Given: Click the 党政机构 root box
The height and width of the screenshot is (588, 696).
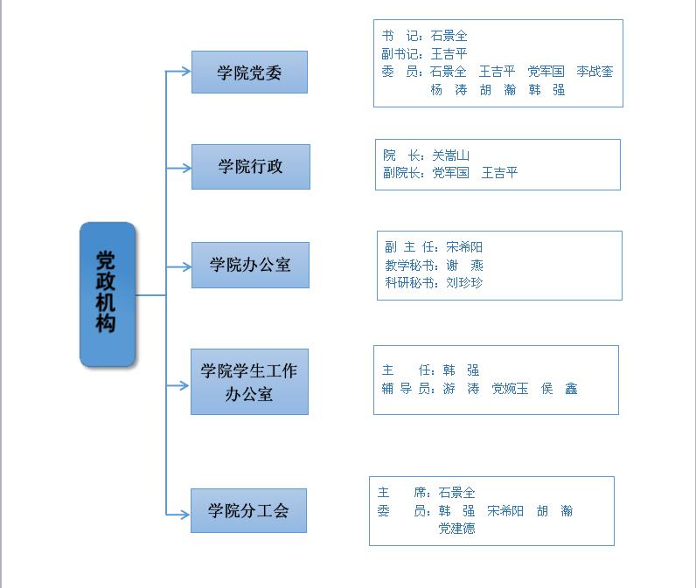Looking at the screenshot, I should (108, 294).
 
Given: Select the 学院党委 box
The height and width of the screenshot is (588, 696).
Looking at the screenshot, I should (249, 72).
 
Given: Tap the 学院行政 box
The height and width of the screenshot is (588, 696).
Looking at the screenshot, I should (251, 166).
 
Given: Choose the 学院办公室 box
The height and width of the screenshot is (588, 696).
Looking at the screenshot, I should (250, 265).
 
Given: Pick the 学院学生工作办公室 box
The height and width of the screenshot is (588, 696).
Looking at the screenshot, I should (249, 382).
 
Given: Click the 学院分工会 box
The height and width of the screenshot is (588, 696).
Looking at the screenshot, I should (248, 510).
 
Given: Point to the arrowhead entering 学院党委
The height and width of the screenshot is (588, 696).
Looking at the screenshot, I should (187, 72).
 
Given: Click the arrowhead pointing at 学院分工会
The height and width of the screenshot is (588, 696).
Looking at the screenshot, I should (186, 511).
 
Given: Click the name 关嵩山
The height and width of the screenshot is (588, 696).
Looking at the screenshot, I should (451, 156).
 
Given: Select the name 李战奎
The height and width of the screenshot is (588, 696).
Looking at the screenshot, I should (595, 72).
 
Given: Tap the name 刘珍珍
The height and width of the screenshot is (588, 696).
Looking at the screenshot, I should (464, 282).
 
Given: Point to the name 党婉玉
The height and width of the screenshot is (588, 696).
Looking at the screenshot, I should (510, 389).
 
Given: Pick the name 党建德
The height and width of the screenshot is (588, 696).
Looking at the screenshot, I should (456, 528).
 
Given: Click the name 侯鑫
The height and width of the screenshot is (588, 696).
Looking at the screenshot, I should (559, 389).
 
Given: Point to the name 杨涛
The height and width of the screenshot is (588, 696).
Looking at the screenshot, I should (449, 89).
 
